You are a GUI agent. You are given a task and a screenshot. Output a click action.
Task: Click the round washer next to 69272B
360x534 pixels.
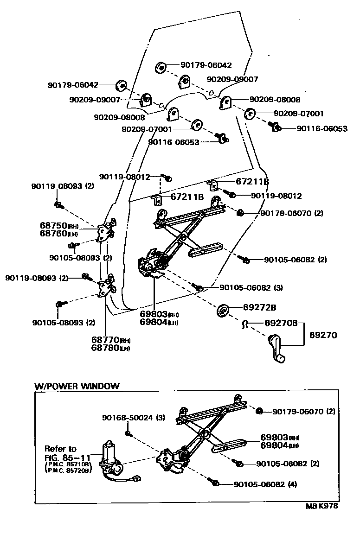pyautogui.click(x=222, y=310)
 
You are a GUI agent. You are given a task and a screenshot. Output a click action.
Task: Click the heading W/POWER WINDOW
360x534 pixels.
pyautogui.click(x=77, y=386)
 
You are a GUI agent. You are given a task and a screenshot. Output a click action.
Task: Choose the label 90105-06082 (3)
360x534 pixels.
pyautogui.click(x=251, y=287)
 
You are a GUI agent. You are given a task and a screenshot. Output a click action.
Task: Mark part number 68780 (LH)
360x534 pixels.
pyautogui.click(x=110, y=348)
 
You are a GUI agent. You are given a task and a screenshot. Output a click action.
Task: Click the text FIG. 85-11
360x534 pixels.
pyautogui.click(x=67, y=457)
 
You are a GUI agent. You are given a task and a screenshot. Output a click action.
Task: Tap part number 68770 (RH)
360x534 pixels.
pyautogui.click(x=110, y=340)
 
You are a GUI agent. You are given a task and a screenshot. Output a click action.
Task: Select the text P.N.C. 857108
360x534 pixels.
pyautogui.click(x=69, y=464)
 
